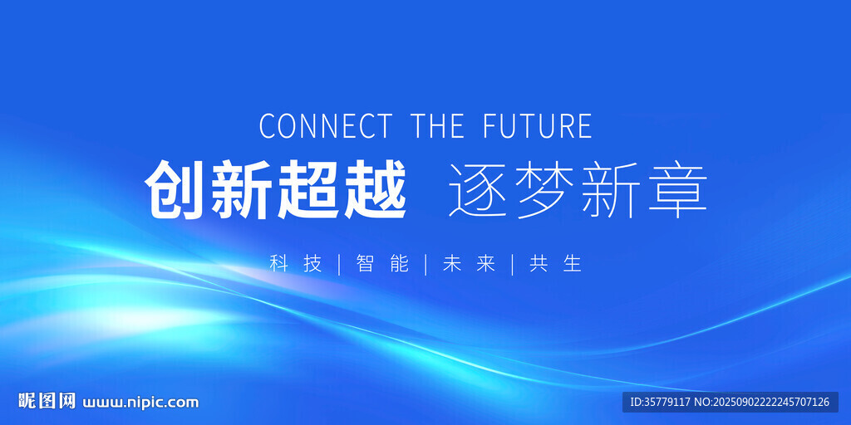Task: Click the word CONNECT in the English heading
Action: click(325, 126)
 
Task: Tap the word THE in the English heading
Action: click(437, 126)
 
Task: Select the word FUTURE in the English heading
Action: click(538, 126)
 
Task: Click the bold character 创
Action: click(176, 189)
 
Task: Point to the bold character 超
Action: click(309, 189)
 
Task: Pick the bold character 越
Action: click(375, 189)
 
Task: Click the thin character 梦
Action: click(545, 190)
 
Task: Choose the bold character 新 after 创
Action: click(242, 189)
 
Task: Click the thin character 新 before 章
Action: click(611, 190)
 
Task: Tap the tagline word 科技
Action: click(296, 264)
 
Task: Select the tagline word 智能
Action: click(382, 264)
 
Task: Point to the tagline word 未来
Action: click(469, 264)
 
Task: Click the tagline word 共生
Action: click(555, 264)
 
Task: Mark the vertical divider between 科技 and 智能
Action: click(339, 265)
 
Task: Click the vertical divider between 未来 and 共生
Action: click(512, 265)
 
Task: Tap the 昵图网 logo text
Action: click(47, 401)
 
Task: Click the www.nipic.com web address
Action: click(140, 403)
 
